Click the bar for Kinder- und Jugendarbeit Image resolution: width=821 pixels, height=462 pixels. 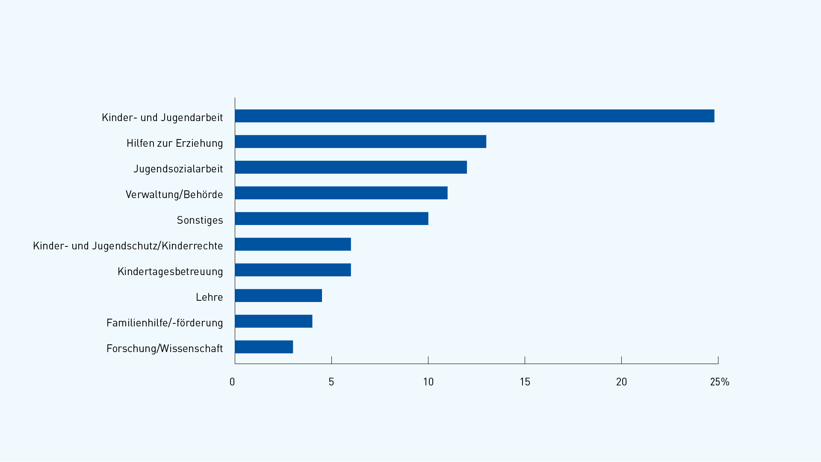(x=475, y=116)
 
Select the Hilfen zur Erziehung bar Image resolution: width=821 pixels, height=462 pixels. (x=360, y=142)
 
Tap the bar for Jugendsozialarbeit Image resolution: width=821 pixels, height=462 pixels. (x=351, y=167)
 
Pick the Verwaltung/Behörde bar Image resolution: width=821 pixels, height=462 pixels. (x=341, y=193)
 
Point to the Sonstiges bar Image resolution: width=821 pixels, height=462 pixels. (x=331, y=219)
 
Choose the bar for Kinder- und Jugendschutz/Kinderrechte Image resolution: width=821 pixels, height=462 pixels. (x=293, y=244)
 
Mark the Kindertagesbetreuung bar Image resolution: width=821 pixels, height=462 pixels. (x=293, y=270)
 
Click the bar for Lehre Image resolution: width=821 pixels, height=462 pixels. (x=278, y=296)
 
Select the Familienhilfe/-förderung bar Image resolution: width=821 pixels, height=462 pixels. (x=274, y=321)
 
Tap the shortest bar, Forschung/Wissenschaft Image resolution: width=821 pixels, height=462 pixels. (x=264, y=347)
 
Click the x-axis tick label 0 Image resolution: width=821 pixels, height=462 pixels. (x=232, y=382)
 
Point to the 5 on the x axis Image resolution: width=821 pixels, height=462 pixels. (x=331, y=382)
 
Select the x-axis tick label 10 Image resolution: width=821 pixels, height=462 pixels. (x=428, y=382)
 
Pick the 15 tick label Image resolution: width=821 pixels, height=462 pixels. (x=525, y=382)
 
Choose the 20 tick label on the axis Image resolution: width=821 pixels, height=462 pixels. (x=621, y=382)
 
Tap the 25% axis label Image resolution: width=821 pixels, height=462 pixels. (x=720, y=382)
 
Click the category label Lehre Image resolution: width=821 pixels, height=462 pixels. (x=210, y=297)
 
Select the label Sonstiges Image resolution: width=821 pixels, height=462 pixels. (x=200, y=220)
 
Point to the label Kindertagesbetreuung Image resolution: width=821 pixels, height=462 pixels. (x=170, y=272)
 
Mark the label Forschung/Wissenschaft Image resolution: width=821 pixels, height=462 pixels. (x=165, y=349)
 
